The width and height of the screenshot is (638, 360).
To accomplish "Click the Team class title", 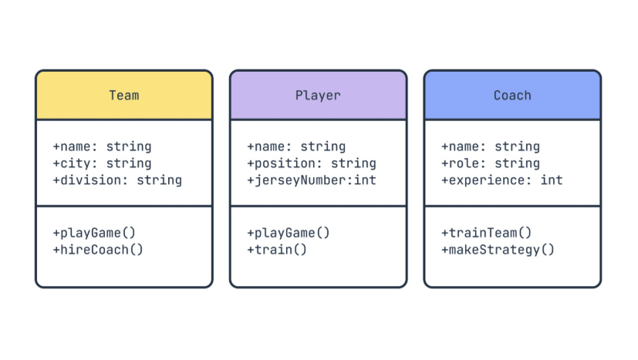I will click(x=123, y=96).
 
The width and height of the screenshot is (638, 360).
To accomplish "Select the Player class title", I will click(x=318, y=96).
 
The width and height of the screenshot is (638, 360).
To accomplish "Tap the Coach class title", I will click(x=512, y=96).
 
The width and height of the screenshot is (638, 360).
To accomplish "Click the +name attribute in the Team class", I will click(x=102, y=146).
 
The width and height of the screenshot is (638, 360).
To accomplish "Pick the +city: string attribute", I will click(x=102, y=163).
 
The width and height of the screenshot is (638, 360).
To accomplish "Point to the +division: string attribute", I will click(x=117, y=180).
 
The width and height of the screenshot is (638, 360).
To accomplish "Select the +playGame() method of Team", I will click(x=94, y=233).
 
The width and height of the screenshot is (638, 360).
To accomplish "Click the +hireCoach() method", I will click(x=98, y=250).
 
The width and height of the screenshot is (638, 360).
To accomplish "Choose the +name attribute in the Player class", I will click(x=296, y=146).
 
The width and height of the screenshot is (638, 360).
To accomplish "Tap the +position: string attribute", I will click(x=312, y=163).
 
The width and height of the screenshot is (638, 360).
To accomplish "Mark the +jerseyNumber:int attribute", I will click(x=312, y=180).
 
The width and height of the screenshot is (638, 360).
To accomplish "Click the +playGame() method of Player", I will click(x=289, y=233).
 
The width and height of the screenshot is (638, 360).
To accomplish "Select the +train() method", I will click(x=277, y=250).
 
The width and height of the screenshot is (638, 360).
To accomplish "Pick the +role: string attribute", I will click(x=491, y=163).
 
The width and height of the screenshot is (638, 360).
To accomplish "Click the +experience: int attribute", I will click(x=502, y=180).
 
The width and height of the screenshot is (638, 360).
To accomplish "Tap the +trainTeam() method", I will click(x=487, y=233).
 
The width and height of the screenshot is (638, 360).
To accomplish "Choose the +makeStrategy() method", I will click(x=498, y=250).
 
